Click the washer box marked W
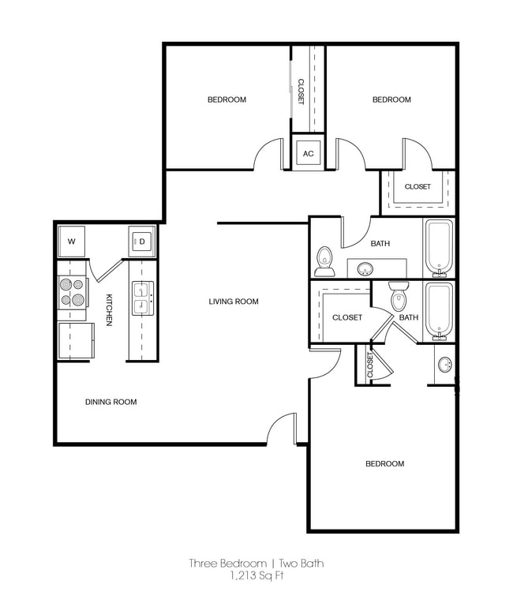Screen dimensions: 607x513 point(71,241)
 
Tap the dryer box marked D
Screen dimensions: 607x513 point(143,241)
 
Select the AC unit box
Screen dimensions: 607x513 point(309,154)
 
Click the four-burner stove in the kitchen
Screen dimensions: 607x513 point(72,292)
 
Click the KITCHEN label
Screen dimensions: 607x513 point(109,309)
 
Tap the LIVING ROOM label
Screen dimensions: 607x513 point(234,302)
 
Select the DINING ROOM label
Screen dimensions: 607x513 point(110,402)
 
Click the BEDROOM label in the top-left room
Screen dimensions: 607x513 point(227,99)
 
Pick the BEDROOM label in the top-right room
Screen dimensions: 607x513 point(391,99)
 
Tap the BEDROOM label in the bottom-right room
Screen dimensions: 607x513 point(384,463)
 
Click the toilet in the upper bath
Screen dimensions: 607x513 point(324,260)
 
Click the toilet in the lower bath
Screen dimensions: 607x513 point(399,297)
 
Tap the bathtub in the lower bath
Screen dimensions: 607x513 point(438,309)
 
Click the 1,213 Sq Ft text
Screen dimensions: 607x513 point(256,575)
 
